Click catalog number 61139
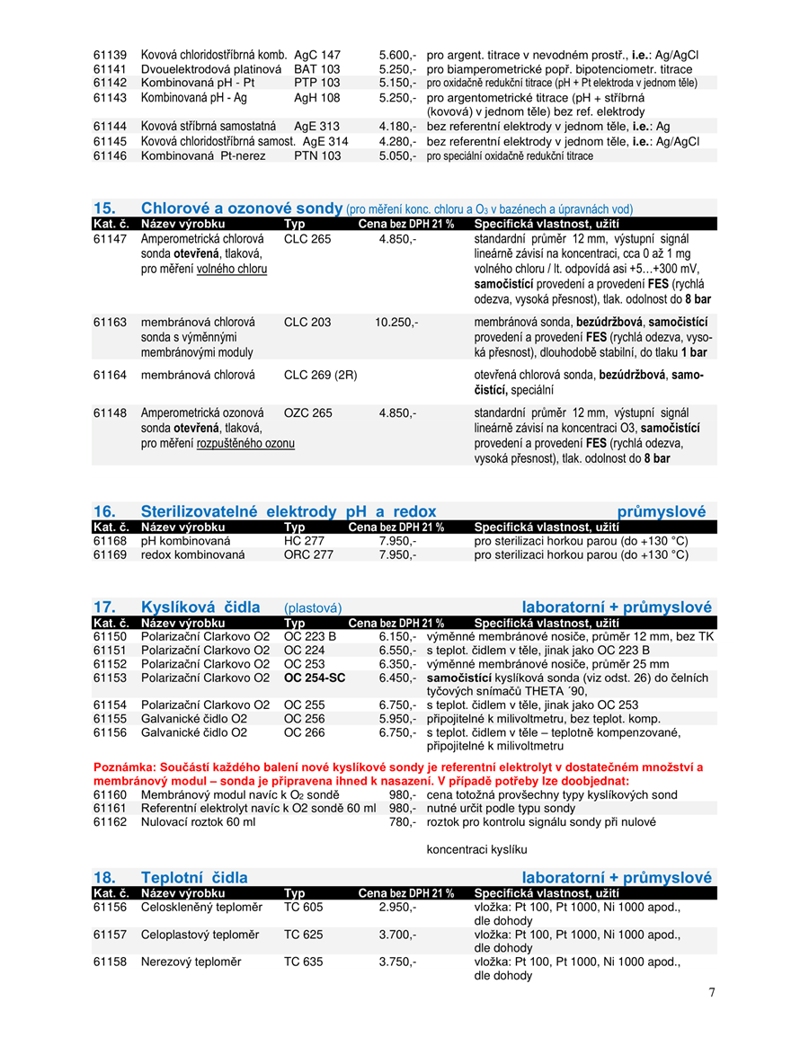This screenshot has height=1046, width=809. [x=110, y=55]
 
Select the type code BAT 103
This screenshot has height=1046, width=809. [x=316, y=69]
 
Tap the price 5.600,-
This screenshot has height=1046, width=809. [x=397, y=55]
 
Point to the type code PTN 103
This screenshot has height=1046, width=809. [x=316, y=155]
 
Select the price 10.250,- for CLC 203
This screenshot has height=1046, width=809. [x=396, y=321]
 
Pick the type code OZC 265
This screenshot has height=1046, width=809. [x=307, y=412]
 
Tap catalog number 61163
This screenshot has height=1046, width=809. [x=110, y=321]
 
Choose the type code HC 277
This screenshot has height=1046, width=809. [x=304, y=541]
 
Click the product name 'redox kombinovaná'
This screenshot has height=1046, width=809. [x=192, y=555]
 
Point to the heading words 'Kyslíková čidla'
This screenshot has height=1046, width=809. [x=200, y=607]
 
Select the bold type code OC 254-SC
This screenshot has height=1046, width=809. [x=315, y=678]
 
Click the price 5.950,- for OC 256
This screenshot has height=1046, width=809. [x=397, y=719]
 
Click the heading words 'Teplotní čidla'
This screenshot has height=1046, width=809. [x=194, y=877]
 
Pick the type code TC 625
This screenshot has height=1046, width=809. [x=303, y=935]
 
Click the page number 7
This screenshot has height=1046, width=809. [x=712, y=992]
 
